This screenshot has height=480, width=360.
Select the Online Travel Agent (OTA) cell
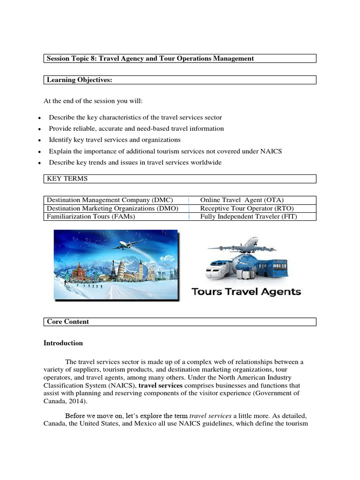click(242, 200)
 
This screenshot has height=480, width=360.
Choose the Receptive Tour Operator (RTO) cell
click(247, 208)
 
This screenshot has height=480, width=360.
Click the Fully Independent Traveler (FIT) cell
click(248, 217)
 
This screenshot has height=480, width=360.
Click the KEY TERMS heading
click(67, 179)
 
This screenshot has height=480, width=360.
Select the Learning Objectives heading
click(79, 80)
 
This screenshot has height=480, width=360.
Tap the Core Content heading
click(68, 322)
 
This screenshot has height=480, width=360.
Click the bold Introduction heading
click(63, 343)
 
